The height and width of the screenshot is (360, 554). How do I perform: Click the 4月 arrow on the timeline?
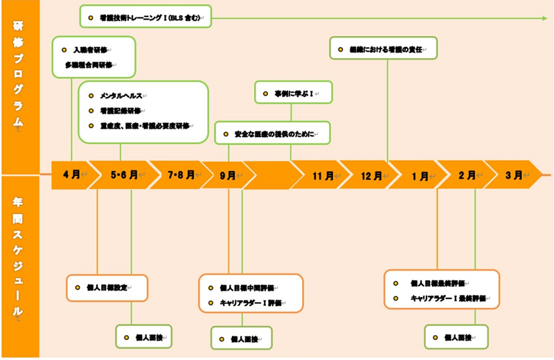pos(71,175)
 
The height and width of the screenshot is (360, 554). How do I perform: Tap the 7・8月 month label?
pos(175,175)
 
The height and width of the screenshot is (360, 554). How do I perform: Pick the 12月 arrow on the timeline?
pos(372,175)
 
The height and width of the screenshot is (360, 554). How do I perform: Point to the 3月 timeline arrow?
pos(514,175)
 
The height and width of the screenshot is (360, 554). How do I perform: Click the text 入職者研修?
pos(91,50)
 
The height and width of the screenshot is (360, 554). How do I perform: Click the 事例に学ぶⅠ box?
pos(294,91)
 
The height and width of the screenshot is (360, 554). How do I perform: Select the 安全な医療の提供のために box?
pos(272,133)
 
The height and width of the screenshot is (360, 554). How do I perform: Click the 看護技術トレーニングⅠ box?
pos(145,15)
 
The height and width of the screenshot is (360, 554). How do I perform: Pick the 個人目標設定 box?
pos(107,287)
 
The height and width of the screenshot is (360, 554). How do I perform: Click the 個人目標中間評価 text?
pos(247,288)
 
